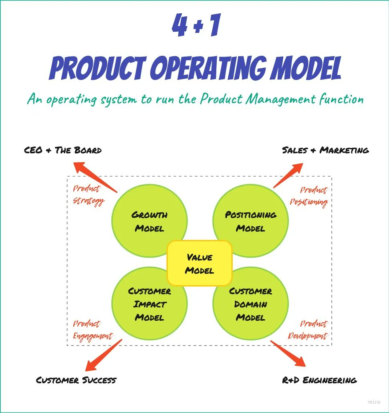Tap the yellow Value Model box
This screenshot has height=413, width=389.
coord(199,263)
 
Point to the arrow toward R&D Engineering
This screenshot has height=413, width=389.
coord(288,354)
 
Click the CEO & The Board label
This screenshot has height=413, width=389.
coord(63,151)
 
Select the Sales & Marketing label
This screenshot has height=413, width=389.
coord(325,150)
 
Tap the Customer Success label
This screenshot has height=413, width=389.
coord(76,380)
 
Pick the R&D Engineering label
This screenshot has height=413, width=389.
coord(319,380)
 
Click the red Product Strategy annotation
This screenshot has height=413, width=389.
coord(88,195)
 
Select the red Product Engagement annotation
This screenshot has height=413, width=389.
coord(92,330)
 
